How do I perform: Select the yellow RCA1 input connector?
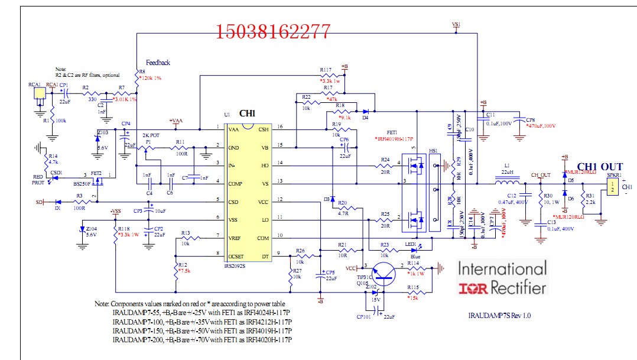tap(38, 94)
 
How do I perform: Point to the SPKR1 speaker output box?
tap(613, 187)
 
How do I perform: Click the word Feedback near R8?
tap(158, 63)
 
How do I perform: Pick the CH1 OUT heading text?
tap(599, 167)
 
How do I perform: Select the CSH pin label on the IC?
tap(264, 128)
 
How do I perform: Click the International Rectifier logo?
tap(502, 278)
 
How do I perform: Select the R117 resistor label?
tap(326, 70)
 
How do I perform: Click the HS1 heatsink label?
tap(433, 151)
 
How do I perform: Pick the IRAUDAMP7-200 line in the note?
tap(201, 340)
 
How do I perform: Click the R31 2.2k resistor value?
tap(591, 202)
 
